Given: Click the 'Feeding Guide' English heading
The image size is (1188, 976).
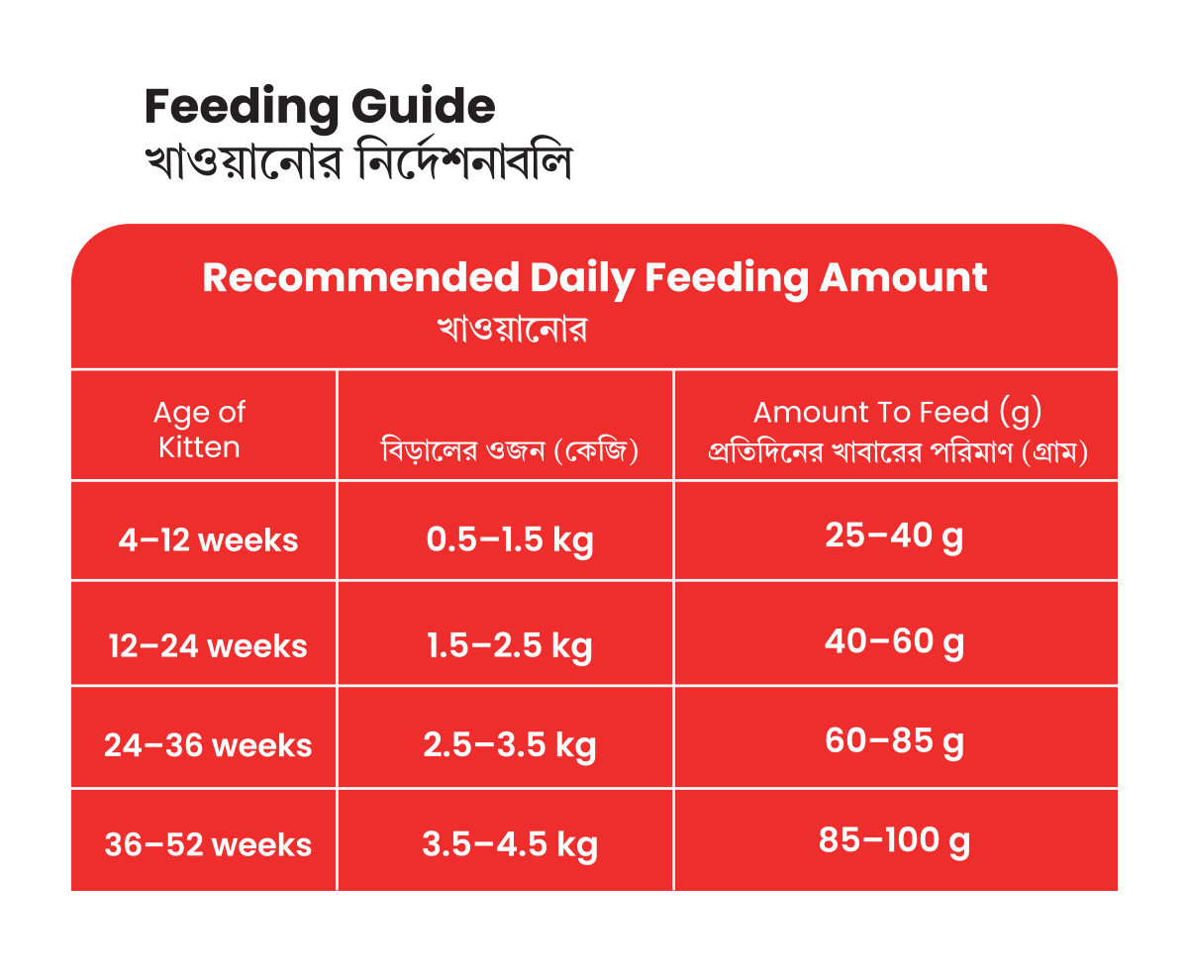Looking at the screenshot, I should (319, 107).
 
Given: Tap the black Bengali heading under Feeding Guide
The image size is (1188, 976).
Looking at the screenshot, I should (357, 161).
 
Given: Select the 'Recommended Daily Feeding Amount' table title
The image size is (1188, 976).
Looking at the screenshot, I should (595, 277).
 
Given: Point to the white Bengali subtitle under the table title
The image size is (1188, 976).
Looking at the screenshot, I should (513, 330).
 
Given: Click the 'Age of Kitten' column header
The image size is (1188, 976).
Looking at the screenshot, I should (199, 430).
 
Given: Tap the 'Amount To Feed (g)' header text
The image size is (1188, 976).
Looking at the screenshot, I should (898, 412).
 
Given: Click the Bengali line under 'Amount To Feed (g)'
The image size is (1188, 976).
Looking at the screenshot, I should (898, 453).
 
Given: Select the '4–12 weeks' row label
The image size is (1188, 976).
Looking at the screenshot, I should (208, 540).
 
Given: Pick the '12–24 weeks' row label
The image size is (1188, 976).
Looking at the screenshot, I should (208, 646).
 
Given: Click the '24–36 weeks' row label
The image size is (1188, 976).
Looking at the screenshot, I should (208, 745).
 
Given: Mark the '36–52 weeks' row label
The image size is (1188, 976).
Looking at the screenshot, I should (208, 845).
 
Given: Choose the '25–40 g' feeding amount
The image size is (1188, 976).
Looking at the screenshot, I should (894, 536).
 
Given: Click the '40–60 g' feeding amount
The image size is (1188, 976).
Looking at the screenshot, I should (894, 641).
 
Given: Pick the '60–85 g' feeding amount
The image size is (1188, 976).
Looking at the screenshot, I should (894, 740).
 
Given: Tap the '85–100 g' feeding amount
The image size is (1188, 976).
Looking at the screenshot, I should (894, 840).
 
